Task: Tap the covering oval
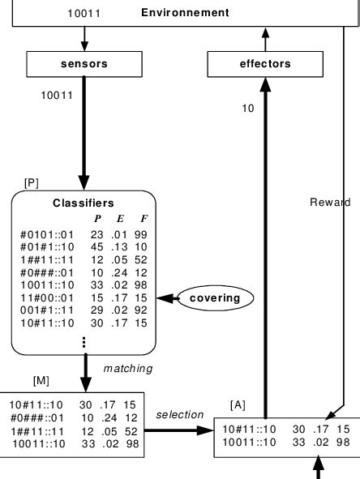click(x=214, y=298)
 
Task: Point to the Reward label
click(x=330, y=201)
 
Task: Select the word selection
click(x=179, y=414)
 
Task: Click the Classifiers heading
click(x=83, y=203)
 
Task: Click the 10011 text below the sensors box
click(x=57, y=95)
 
